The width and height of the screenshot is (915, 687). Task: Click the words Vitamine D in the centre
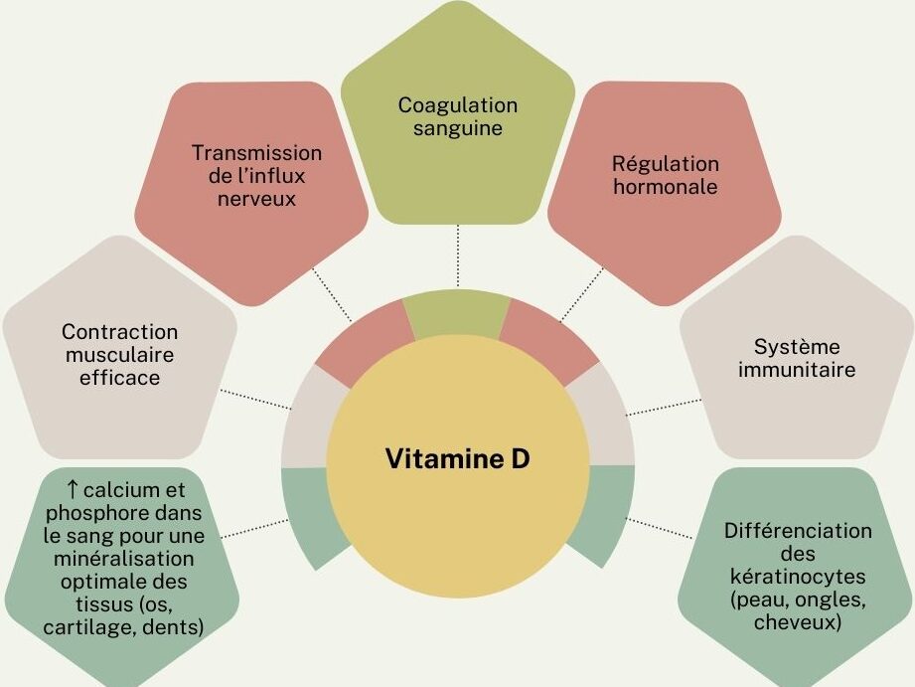pos(457,458)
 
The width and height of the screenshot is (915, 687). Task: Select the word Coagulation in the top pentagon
pos(457,105)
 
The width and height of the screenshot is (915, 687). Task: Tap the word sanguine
pos(457,128)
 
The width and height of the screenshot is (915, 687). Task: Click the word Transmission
pos(256,153)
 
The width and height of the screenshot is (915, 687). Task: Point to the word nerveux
pos(256,199)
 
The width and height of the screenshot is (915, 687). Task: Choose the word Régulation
pos(666,164)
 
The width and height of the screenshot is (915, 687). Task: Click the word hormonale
pos(666,187)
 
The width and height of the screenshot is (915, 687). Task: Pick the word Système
pos(797,346)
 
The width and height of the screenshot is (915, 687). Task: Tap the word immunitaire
pos(797,369)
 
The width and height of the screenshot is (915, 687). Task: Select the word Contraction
pos(119,332)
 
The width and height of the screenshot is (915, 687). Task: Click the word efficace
pos(119,378)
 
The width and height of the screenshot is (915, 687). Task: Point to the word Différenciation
pos(798,531)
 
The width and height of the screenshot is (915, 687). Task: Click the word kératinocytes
pos(798,577)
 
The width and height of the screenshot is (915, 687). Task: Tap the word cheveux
pos(798,622)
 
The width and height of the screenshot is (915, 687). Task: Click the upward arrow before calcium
pos(73,490)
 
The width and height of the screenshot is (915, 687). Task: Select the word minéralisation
pos(124,559)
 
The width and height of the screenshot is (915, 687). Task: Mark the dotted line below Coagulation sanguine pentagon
pos(458,256)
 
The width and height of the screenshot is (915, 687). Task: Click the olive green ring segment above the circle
pos(457,315)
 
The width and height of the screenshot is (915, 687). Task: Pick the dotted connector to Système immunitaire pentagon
pos(664,408)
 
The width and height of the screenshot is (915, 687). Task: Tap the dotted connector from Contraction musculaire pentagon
pos(255,400)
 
